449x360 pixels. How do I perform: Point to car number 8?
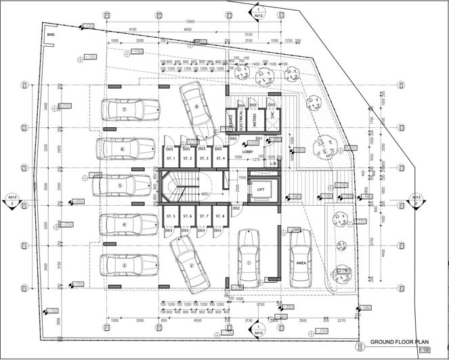pyautogui.click(x=196, y=110)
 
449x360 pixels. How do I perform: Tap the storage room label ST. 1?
pyautogui.click(x=170, y=158)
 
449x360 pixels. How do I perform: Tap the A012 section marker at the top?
pyautogui.click(x=258, y=11)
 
